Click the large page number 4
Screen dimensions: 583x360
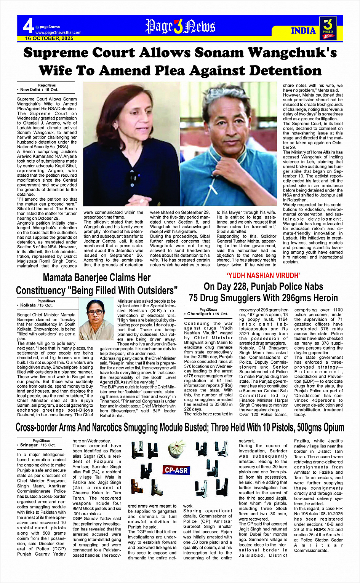click(28, 26)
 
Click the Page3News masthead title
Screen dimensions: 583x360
click(180, 27)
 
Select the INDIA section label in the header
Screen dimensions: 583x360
click(303, 31)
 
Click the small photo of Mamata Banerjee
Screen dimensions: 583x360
click(96, 319)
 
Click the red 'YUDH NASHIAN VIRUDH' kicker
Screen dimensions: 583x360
click(263, 275)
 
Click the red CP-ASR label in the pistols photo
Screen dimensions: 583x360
click(176, 470)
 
